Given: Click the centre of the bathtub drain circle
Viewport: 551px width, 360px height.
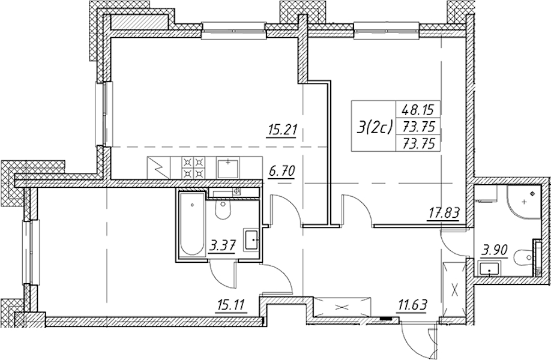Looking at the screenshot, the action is [x=192, y=205].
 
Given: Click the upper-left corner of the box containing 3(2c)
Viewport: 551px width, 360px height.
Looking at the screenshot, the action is [x=352, y=101].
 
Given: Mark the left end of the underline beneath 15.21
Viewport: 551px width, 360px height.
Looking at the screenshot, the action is [x=266, y=138].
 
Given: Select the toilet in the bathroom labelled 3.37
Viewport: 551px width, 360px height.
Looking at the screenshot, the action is [x=223, y=209].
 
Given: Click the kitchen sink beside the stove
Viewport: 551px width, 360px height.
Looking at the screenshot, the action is [x=227, y=167].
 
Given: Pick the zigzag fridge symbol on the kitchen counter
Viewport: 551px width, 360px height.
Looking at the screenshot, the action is [x=158, y=167].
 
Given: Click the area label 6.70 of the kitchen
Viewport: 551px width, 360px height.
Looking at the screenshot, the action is [x=281, y=172].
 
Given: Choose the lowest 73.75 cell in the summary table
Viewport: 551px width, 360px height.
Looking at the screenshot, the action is [x=418, y=143].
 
